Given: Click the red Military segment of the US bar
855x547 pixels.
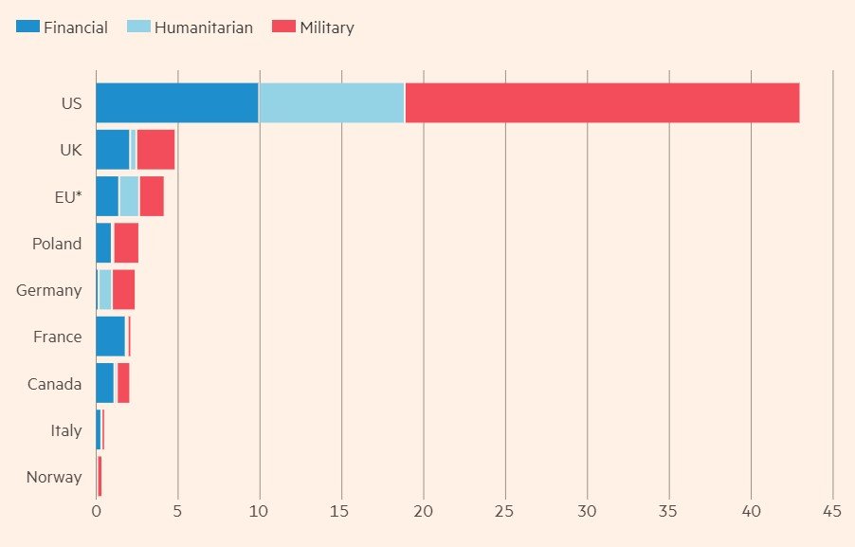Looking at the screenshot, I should coord(602,102).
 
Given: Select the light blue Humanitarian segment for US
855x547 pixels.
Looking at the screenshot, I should coord(331,102).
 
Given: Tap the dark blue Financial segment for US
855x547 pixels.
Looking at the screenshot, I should coord(177,102).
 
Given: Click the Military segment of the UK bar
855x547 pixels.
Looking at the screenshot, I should coord(155,150).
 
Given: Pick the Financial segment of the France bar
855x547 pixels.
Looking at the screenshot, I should coord(110,337).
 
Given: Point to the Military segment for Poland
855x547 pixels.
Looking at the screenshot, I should coord(126,244).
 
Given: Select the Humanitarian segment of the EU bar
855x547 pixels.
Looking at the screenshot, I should coord(129,196).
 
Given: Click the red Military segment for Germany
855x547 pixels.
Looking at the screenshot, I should coord(123,290).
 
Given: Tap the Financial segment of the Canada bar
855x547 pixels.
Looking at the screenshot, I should coord(104,383).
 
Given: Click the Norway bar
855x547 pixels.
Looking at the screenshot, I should coord(99,477).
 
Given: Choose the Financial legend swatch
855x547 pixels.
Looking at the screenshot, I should coord(27,27).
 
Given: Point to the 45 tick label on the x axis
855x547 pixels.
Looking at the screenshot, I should coord(832,512).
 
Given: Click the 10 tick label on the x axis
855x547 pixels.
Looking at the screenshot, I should coord(259,512).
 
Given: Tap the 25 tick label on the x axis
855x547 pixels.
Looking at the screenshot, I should coord(505,512).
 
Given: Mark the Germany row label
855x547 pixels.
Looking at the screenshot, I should coord(49,290).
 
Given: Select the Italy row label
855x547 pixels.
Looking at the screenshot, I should coord(66,430).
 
